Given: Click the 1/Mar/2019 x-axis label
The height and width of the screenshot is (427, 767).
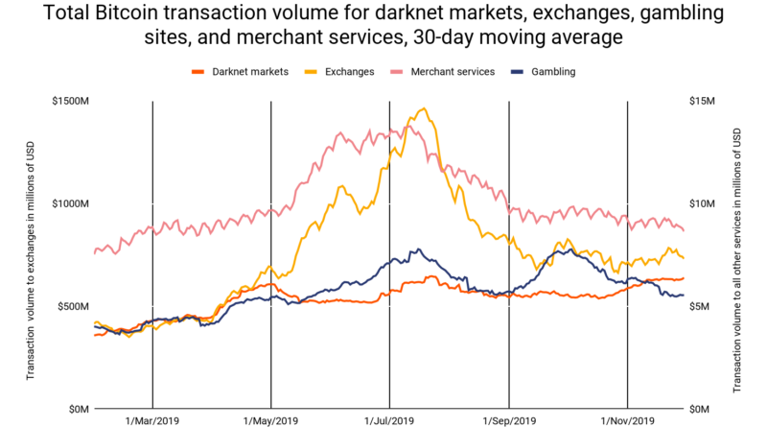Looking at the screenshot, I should pos(152,420).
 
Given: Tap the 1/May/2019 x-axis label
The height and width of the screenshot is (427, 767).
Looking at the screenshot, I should pos(271,420).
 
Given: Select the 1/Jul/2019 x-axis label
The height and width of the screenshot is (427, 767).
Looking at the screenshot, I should pos(389,420).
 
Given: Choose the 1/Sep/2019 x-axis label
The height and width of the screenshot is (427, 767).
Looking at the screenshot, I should pos(508,420).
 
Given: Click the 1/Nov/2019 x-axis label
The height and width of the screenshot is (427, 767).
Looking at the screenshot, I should pos(627,420).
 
